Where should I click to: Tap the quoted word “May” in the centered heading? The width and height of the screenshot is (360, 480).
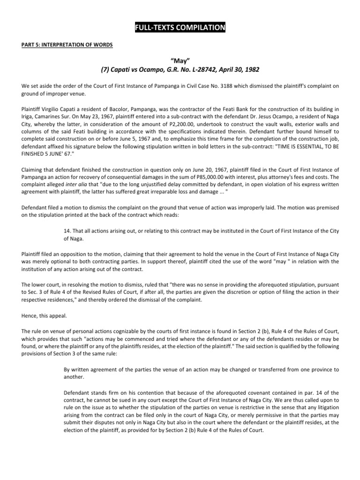(x=180, y=60)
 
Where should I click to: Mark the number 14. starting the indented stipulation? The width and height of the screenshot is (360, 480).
(x=67, y=231)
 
